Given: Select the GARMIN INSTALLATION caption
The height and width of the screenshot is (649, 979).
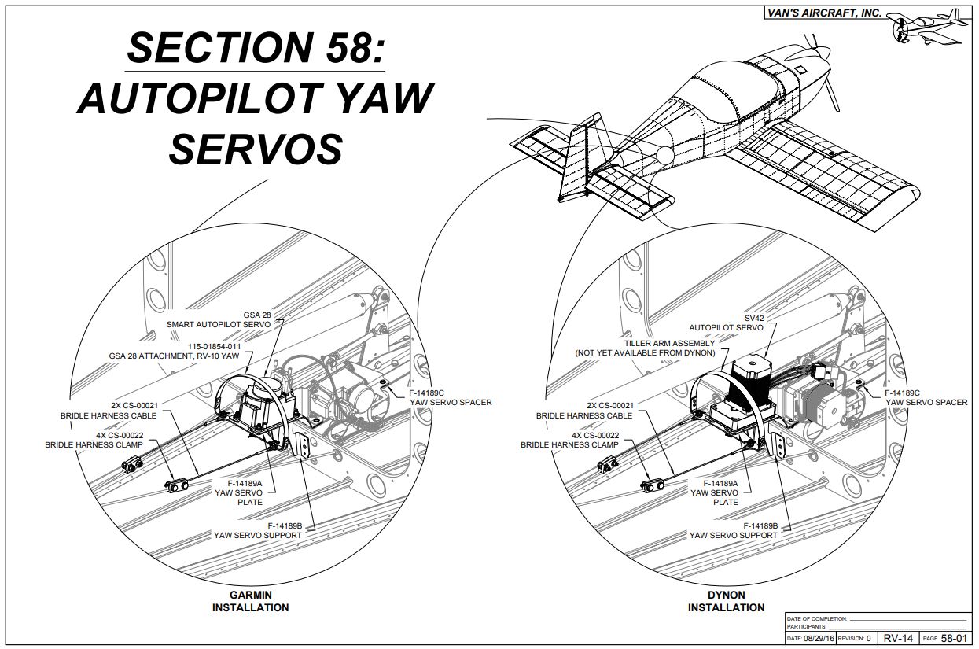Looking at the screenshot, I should coord(250,601).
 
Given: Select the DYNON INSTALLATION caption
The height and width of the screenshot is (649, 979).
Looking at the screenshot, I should coord(726,601).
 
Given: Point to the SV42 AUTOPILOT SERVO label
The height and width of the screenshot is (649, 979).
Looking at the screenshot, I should coord(726,322).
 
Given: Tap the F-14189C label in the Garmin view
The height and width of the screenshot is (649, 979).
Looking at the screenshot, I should coord(450,397).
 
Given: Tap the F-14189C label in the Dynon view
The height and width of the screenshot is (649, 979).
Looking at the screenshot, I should coord(926,397).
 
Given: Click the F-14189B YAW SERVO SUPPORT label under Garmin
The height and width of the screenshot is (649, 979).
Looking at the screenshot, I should coord(258,530).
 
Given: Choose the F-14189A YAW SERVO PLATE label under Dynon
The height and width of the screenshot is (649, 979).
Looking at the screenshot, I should coord(714,492).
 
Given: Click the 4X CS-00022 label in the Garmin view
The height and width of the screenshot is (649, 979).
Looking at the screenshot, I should coord(101,440).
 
